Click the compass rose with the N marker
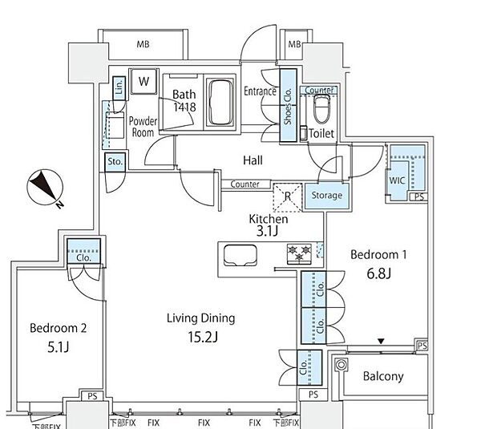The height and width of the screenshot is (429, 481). click(45, 188)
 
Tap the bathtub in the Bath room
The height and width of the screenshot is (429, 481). click(220, 103)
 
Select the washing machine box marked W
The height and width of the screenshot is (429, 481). click(143, 81)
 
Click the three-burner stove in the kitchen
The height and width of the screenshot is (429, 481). click(299, 253)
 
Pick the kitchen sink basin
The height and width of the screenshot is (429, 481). click(240, 255)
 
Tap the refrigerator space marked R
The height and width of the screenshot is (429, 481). click(288, 197)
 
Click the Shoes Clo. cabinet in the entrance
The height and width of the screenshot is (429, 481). click(289, 105)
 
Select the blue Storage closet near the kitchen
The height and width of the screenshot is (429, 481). click(326, 196)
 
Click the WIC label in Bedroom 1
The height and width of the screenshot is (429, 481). click(398, 180)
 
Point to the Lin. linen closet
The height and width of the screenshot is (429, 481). click(119, 88)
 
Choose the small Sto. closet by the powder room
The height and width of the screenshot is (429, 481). click(115, 162)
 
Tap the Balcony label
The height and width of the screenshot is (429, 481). click(383, 376)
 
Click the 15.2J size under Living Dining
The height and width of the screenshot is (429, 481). click(203, 337)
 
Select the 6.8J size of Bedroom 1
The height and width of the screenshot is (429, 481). click(379, 273)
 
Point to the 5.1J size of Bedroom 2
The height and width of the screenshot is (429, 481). click(59, 347)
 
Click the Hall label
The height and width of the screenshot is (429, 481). click(253, 160)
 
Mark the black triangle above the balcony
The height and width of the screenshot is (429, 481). click(381, 342)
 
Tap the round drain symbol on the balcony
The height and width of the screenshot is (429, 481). click(342, 365)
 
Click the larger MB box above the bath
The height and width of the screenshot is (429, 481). click(143, 45)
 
